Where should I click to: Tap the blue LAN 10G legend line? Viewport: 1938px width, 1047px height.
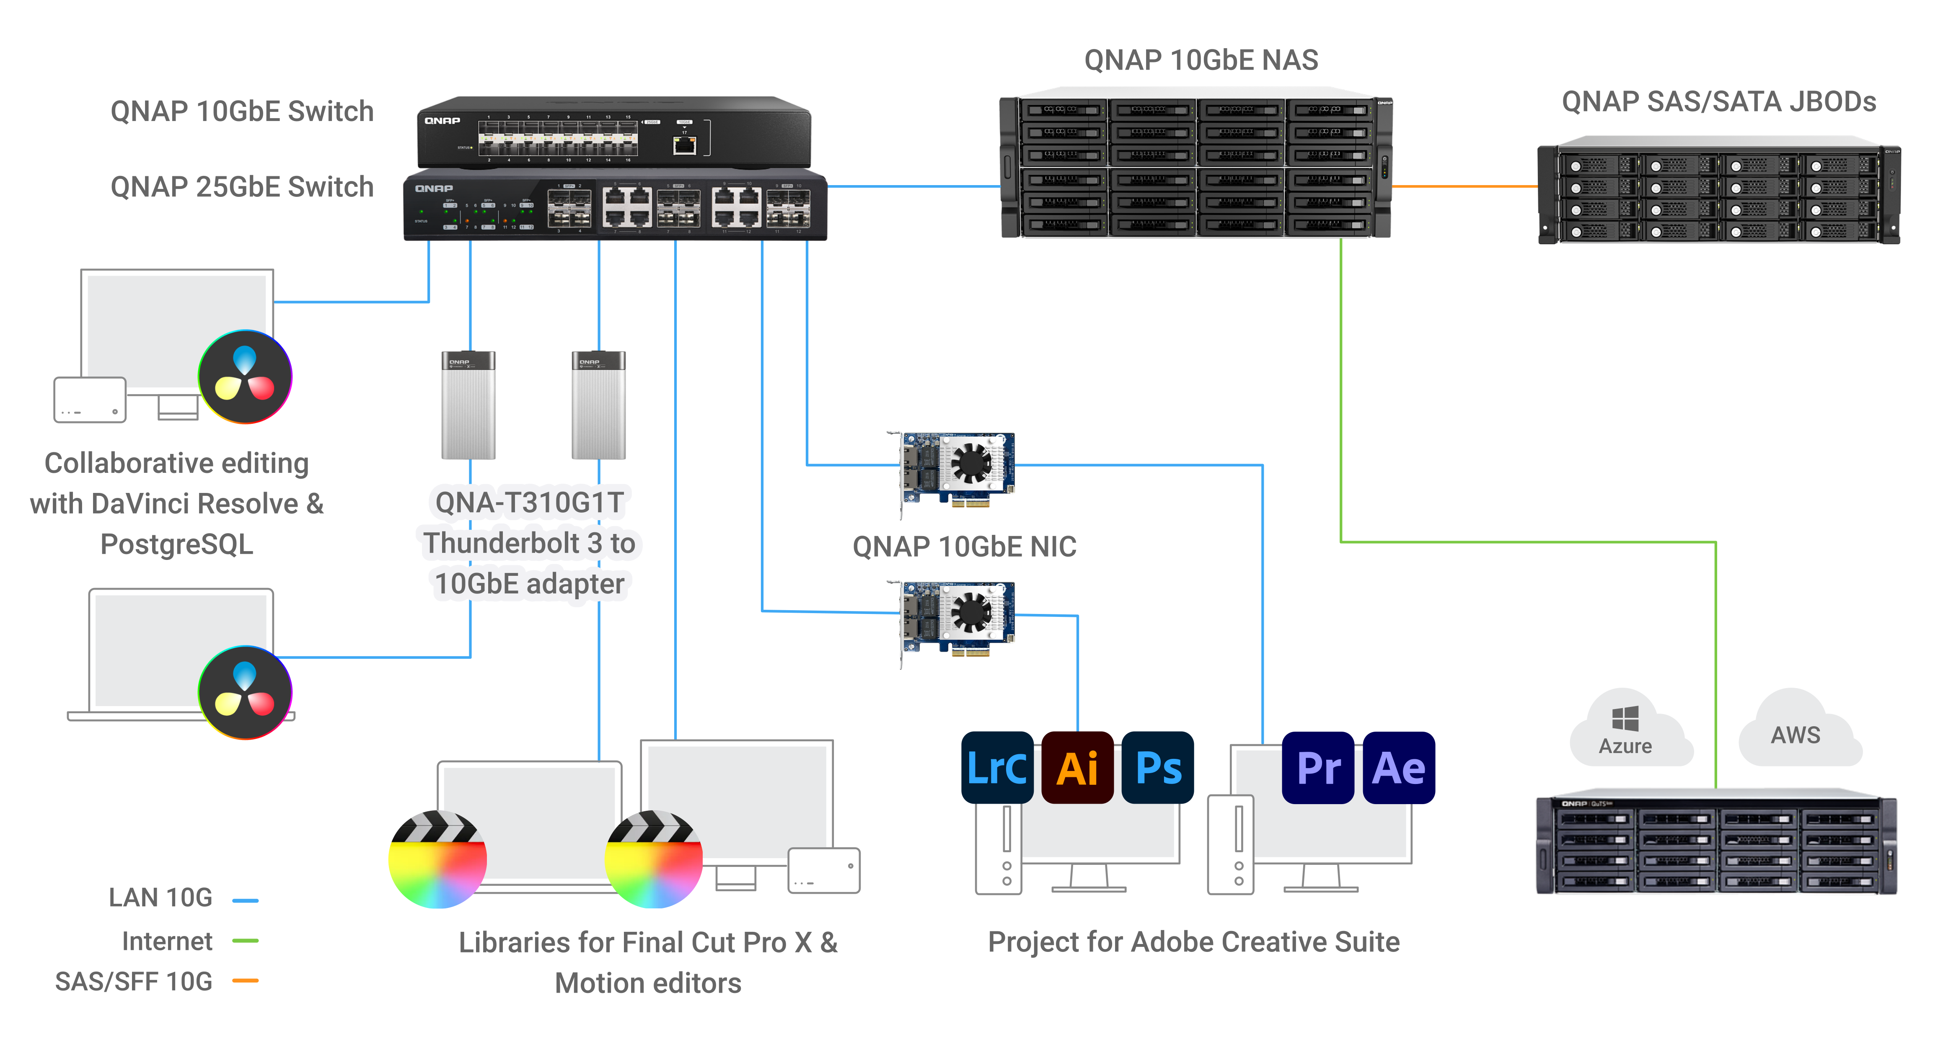[245, 900]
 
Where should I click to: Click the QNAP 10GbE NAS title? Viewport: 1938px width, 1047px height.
[1201, 60]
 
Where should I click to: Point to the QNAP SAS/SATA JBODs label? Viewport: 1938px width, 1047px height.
[1718, 101]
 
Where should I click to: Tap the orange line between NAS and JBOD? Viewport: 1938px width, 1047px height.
[1463, 186]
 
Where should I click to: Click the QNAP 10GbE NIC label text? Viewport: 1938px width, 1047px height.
[965, 547]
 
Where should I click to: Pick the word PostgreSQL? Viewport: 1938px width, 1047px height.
[177, 544]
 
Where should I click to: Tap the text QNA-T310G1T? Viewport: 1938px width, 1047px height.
[530, 502]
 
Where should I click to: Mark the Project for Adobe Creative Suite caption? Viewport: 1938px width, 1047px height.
[1193, 942]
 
